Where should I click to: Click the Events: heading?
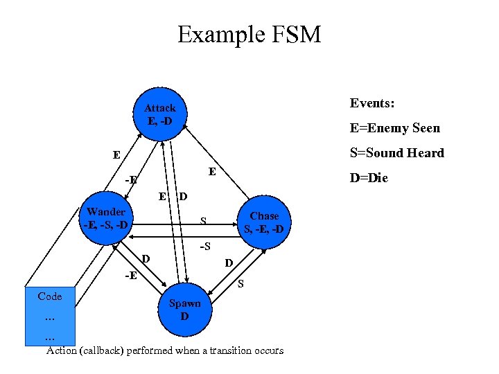[x=372, y=103]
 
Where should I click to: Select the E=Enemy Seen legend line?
[x=394, y=128]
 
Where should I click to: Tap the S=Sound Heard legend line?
[x=396, y=153]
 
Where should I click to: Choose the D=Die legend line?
[x=369, y=178]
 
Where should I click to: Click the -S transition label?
[x=205, y=247]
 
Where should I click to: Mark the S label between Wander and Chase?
[x=203, y=222]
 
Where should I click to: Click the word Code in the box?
[x=50, y=296]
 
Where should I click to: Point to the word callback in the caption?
[x=103, y=350]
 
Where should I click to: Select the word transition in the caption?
[x=209, y=350]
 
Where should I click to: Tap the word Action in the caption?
[x=62, y=350]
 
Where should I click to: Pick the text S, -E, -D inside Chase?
[x=263, y=229]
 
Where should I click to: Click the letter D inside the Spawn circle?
[x=184, y=317]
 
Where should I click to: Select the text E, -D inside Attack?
[x=160, y=121]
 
